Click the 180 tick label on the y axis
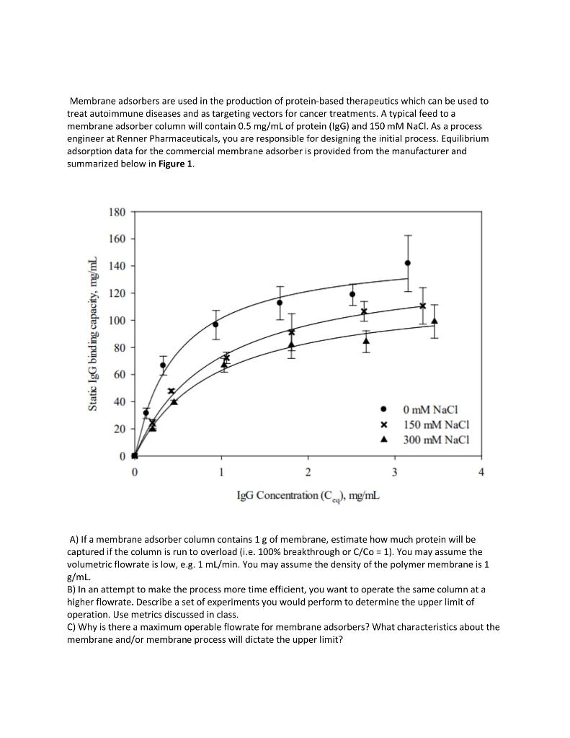pyautogui.click(x=117, y=212)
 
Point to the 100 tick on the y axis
pyautogui.click(x=117, y=320)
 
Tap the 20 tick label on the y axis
pyautogui.click(x=119, y=429)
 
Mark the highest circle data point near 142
pyautogui.click(x=408, y=263)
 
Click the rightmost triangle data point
pyautogui.click(x=434, y=321)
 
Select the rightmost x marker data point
pyautogui.click(x=423, y=306)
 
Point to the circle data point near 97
pyautogui.click(x=215, y=324)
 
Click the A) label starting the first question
pyautogui.click(x=74, y=539)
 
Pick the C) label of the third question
pyautogui.click(x=72, y=627)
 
